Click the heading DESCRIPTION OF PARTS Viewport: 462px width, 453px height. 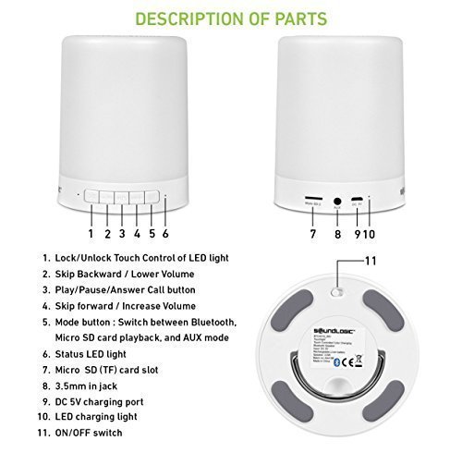coord(230,18)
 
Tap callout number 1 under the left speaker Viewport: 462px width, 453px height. coord(91,221)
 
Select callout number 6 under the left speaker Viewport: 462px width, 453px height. coord(166,221)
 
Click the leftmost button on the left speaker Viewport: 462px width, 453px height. coord(91,196)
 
